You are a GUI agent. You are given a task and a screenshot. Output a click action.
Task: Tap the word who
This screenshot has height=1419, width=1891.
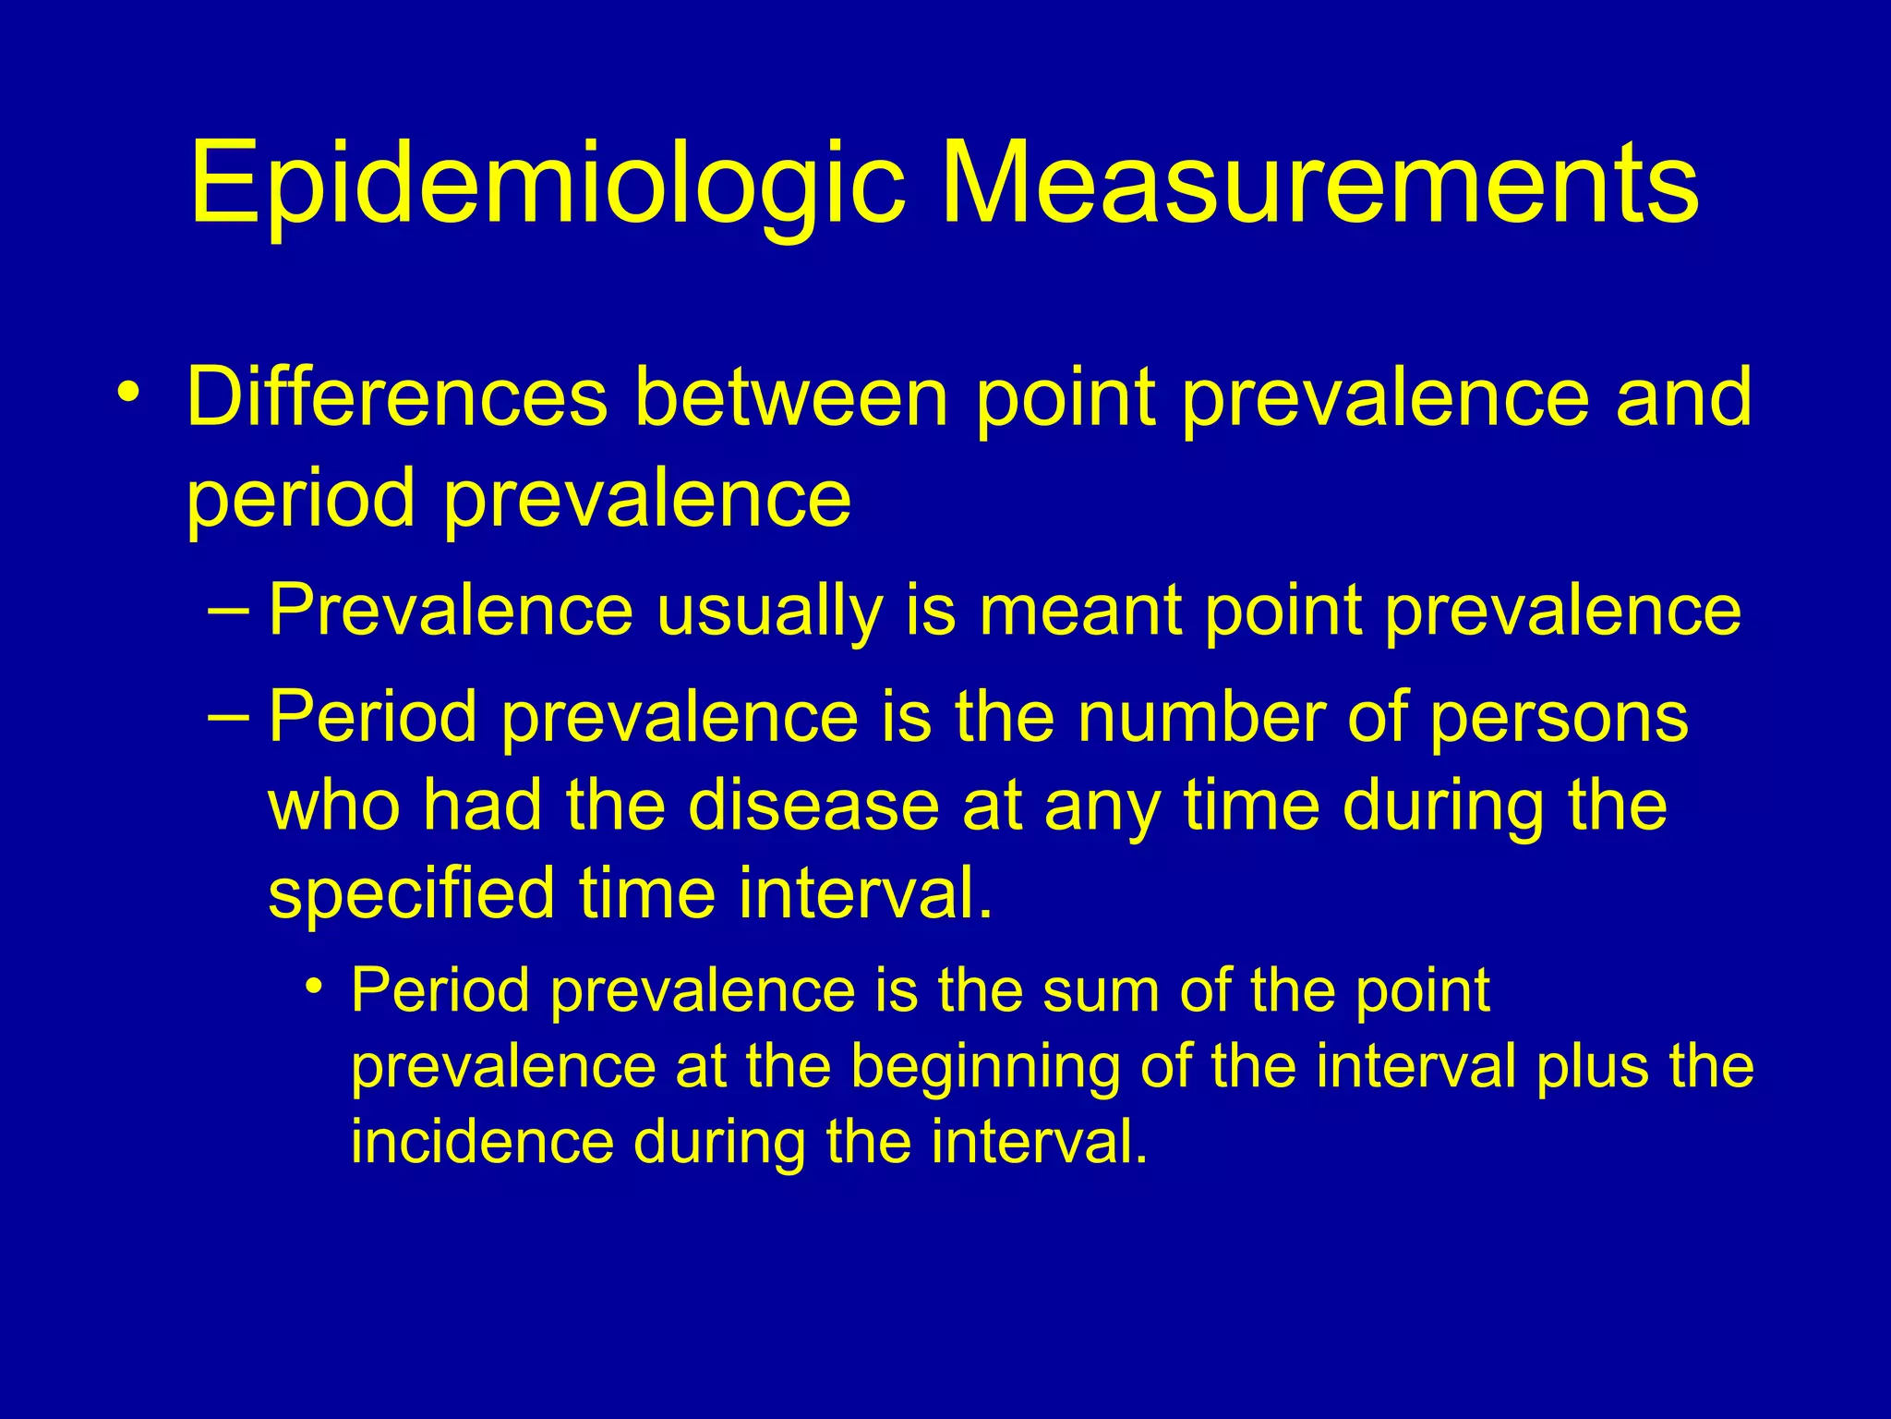334,806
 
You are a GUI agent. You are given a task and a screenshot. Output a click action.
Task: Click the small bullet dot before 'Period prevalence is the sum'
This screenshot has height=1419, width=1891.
315,987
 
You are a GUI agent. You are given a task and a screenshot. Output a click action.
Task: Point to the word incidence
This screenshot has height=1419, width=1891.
482,1143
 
